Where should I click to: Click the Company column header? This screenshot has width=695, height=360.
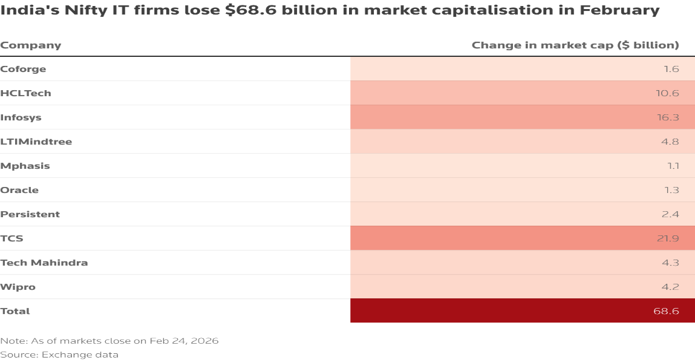(x=31, y=45)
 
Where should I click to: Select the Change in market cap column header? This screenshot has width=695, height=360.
(x=575, y=45)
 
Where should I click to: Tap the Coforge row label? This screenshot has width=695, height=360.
(x=23, y=69)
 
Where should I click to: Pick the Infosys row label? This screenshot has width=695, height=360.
(x=21, y=117)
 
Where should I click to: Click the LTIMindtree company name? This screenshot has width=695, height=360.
(x=36, y=142)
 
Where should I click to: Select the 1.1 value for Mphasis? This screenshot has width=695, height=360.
(x=671, y=166)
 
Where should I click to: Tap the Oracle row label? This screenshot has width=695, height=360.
(x=19, y=190)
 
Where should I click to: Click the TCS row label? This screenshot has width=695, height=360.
(x=12, y=238)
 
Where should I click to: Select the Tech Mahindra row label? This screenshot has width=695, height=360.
(x=44, y=263)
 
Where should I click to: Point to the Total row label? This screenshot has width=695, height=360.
(x=15, y=311)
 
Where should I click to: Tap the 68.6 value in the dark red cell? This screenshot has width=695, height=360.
(x=667, y=311)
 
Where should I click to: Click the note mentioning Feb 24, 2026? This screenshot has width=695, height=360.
(x=109, y=341)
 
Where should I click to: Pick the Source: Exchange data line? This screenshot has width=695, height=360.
(x=59, y=355)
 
